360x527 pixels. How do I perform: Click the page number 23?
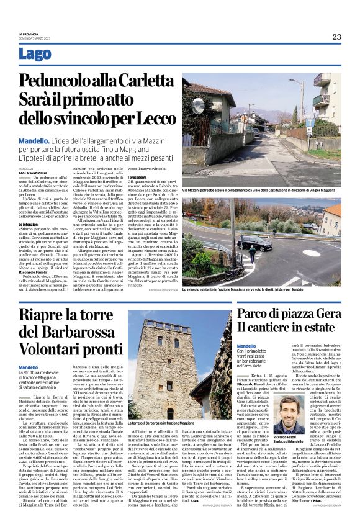pos(336,37)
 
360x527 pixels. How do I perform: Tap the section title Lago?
pos(35,54)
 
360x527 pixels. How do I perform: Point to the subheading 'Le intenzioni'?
pos(29,223)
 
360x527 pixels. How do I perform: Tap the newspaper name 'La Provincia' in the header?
pos(28,34)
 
